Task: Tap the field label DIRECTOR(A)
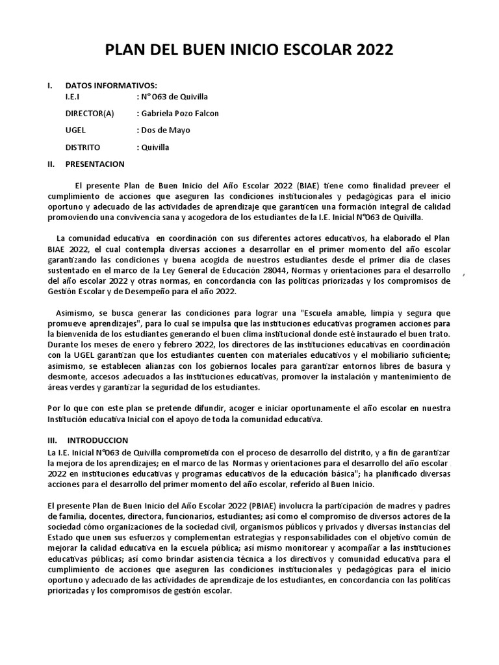coord(90,114)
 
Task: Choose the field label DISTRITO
coord(83,147)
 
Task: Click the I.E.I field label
coord(73,97)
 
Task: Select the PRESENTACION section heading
coord(95,164)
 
